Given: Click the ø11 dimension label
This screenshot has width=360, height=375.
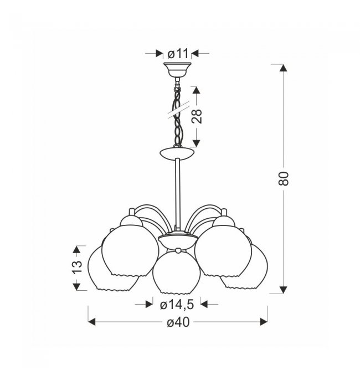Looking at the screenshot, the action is pyautogui.click(x=178, y=54).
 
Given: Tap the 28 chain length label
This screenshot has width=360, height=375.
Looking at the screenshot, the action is pyautogui.click(x=197, y=116).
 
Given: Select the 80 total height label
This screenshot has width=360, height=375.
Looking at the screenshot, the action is pyautogui.click(x=284, y=178).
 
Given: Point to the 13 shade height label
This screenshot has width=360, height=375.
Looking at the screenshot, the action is pyautogui.click(x=77, y=266).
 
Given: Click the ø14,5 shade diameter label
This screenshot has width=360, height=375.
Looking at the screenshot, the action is pyautogui.click(x=177, y=305).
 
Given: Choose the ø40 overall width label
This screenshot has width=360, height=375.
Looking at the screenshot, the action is pyautogui.click(x=178, y=322).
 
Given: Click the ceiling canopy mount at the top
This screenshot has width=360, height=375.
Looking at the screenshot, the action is pyautogui.click(x=177, y=70).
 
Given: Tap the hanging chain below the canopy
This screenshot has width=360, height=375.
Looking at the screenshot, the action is pyautogui.click(x=177, y=112).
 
